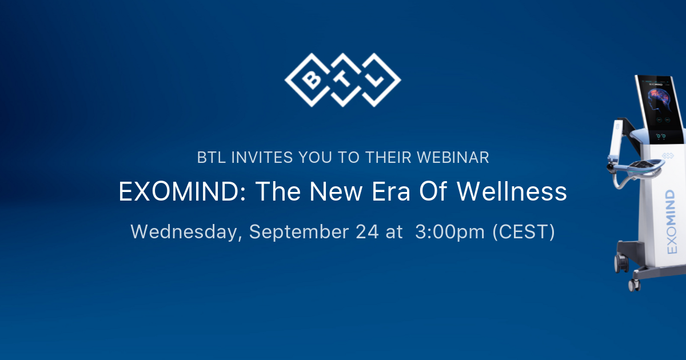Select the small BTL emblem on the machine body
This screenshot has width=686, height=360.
668,155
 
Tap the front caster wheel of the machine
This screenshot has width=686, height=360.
634,284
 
